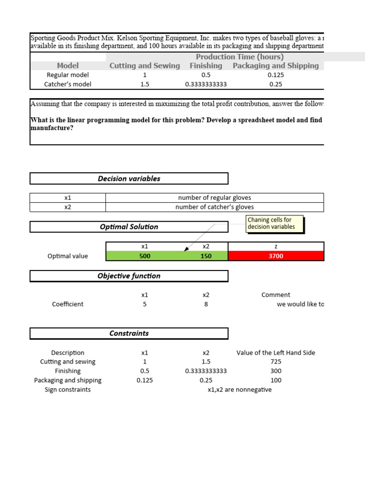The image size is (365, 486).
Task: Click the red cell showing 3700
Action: pyautogui.click(x=276, y=256)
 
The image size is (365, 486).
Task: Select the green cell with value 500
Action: pyautogui.click(x=144, y=256)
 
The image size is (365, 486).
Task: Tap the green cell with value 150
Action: pyautogui.click(x=206, y=256)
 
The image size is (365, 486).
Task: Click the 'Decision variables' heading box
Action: pyautogui.click(x=129, y=178)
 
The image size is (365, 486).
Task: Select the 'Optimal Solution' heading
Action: pyautogui.click(x=129, y=227)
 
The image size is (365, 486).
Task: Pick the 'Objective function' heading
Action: pyautogui.click(x=129, y=276)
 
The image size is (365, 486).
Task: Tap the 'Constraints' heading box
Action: pyautogui.click(x=129, y=333)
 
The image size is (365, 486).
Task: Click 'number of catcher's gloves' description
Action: pyautogui.click(x=214, y=207)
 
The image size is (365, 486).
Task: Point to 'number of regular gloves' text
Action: pyautogui.click(x=214, y=197)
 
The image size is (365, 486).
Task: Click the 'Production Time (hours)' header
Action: pyautogui.click(x=240, y=57)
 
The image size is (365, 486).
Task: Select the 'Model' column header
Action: pyautogui.click(x=67, y=65)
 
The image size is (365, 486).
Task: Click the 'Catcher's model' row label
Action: pyautogui.click(x=67, y=84)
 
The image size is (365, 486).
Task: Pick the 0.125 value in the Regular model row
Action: pyautogui.click(x=276, y=75)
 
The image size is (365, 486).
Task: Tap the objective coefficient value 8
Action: pyautogui.click(x=206, y=304)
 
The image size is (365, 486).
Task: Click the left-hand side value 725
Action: pyautogui.click(x=276, y=362)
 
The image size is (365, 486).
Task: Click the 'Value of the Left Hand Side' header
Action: pyautogui.click(x=276, y=353)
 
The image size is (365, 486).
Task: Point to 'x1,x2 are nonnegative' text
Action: pyautogui.click(x=240, y=390)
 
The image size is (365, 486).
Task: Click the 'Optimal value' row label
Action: pyautogui.click(x=67, y=256)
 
